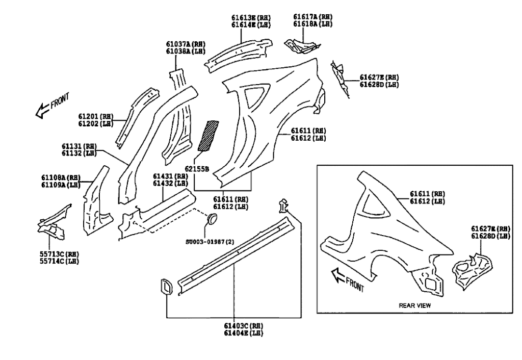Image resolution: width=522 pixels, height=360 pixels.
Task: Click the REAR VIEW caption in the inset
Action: coord(413,305)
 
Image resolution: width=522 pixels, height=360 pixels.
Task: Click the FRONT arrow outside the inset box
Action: coord(51,105)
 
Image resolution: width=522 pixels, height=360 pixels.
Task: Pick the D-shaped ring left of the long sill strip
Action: coord(167,286)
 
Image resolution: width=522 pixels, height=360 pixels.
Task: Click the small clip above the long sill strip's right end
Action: coord(283,207)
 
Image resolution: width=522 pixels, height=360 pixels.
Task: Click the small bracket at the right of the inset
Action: coord(472,268)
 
